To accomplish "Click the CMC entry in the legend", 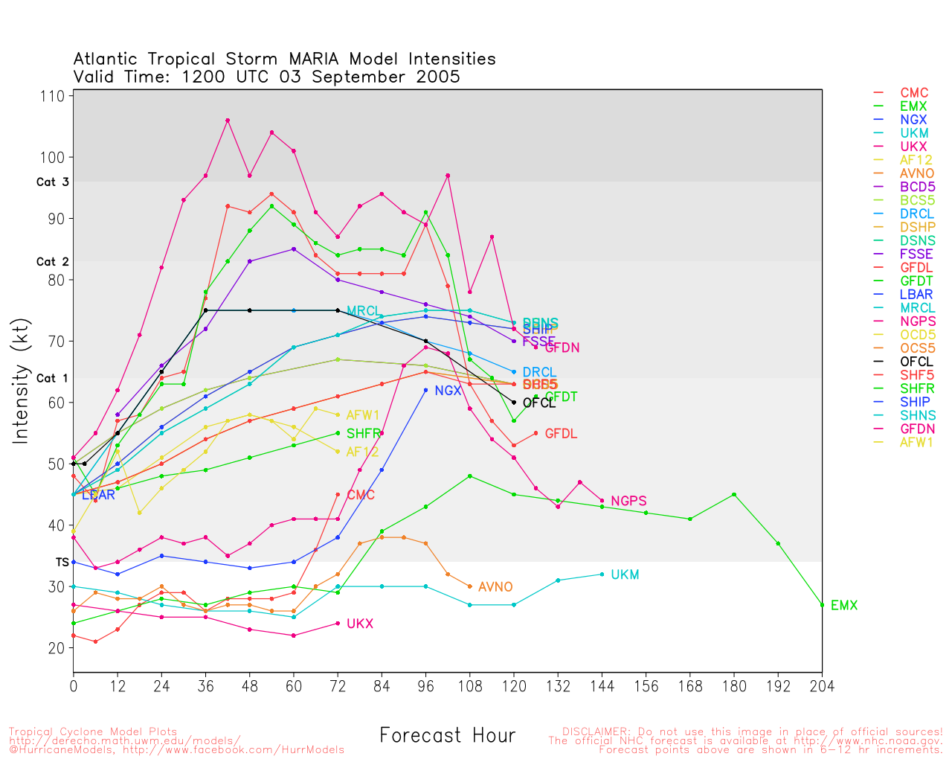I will [x=914, y=93].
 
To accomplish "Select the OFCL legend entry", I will [x=916, y=362].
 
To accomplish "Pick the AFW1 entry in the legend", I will [x=916, y=442].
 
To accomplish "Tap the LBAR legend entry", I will [x=916, y=294].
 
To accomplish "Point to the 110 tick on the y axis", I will [x=54, y=96].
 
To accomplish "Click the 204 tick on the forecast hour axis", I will [x=822, y=686].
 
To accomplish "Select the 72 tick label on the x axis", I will [x=338, y=686].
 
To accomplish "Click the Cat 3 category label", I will [x=52, y=182].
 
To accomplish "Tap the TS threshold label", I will [x=62, y=563].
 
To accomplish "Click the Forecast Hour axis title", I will [x=447, y=736].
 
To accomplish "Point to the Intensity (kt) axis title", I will [x=20, y=383].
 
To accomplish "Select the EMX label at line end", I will [x=844, y=606].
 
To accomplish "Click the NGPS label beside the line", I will [x=628, y=502].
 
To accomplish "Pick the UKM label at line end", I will [x=625, y=575].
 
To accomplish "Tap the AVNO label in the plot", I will [x=495, y=587].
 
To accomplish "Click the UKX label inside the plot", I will [x=360, y=624].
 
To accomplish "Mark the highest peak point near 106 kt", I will [x=228, y=121].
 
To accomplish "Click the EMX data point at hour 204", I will [x=822, y=605].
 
